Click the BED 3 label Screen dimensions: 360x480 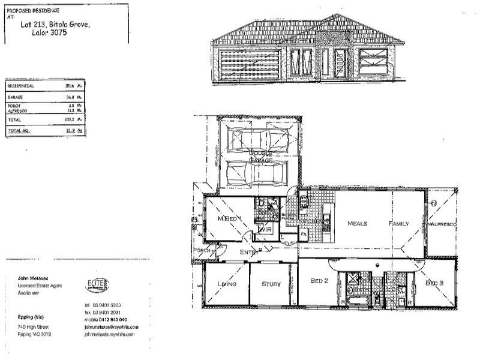pos(434,282)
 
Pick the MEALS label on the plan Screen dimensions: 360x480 pos(358,223)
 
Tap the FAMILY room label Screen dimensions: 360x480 pos(398,223)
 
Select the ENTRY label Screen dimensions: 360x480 pos(249,253)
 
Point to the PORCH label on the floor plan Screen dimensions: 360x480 pos(201,250)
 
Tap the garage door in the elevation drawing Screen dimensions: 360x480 pos(250,66)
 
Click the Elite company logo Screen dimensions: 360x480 pos(98,283)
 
